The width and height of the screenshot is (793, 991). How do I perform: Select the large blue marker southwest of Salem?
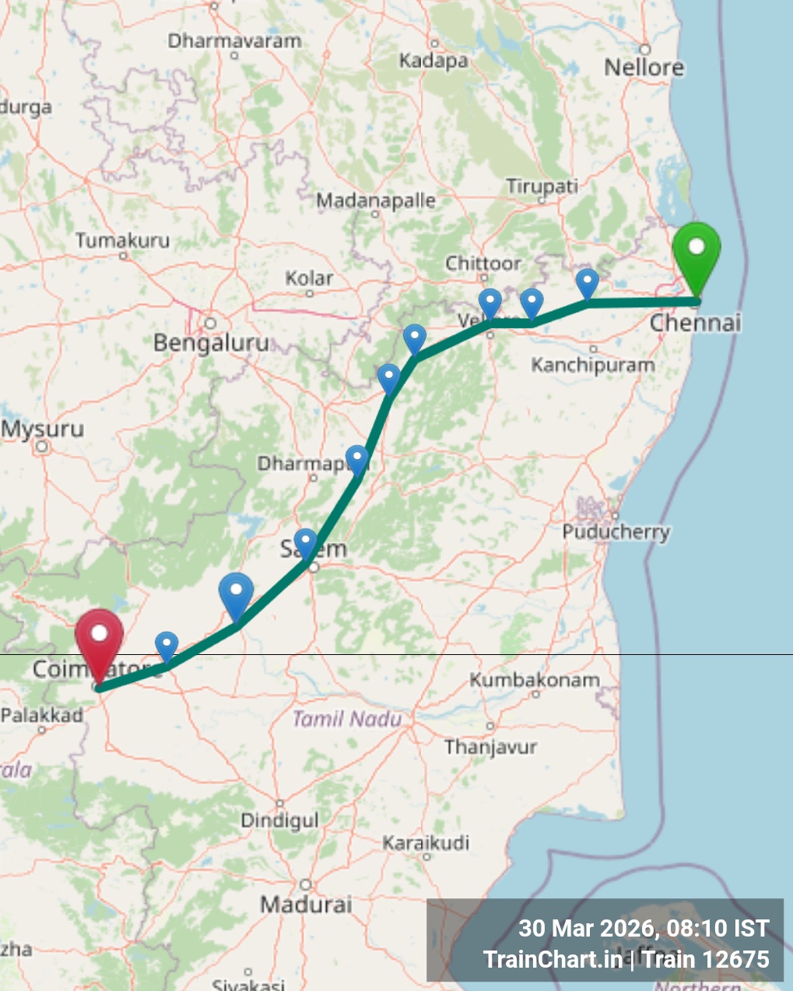[236, 594]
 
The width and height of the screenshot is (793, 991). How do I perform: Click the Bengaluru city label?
[211, 342]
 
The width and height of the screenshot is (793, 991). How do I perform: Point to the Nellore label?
[644, 68]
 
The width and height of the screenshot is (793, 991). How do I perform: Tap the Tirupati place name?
[542, 187]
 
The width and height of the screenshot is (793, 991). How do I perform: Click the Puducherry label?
[616, 532]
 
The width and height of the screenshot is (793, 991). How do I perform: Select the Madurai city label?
[306, 905]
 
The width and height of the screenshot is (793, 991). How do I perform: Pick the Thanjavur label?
[490, 748]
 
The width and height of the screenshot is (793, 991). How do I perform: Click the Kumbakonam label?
[535, 680]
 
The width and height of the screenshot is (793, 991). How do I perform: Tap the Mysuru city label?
[44, 429]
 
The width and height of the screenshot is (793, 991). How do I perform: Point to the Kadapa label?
[433, 61]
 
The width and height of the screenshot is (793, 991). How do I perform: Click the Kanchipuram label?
[592, 365]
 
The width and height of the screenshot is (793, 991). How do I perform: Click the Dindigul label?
[279, 821]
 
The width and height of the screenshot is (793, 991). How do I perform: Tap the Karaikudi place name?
[426, 843]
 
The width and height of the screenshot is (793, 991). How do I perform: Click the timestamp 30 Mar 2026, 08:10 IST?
[644, 929]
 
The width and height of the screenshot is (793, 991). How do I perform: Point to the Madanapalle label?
[376, 201]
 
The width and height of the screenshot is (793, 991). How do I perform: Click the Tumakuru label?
[122, 241]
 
